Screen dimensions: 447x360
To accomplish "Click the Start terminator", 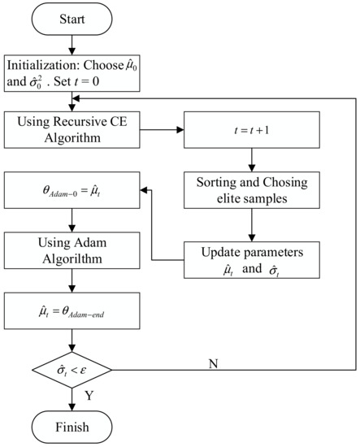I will [x=72, y=18].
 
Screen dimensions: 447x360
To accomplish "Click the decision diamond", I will [x=72, y=369].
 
